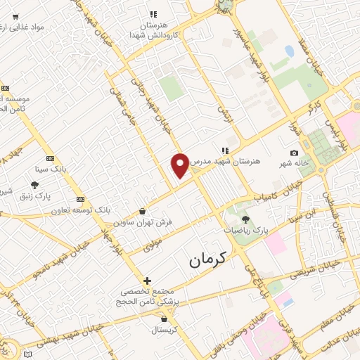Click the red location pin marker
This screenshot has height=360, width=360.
pos(181,166)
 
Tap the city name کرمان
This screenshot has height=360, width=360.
pos(209,261)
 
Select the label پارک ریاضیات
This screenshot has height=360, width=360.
pos(251,230)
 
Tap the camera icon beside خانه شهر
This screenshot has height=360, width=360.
pos(294,153)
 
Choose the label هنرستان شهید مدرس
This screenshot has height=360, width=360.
pos(250,160)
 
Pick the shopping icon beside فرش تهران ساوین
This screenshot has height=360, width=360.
pos(143,211)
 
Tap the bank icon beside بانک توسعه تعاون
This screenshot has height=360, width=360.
pos(81,199)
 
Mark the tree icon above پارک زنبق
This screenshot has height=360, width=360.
pos(33,186)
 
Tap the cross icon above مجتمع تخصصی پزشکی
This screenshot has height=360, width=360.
pos(147,281)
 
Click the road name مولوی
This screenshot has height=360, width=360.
pos(153,247)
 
